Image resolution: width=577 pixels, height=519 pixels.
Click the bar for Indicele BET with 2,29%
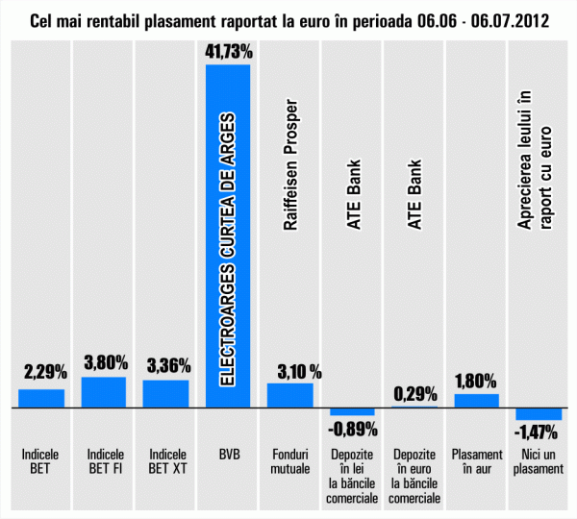41,398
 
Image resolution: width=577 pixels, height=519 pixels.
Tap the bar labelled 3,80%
104,392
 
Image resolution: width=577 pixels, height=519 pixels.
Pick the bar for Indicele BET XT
166,393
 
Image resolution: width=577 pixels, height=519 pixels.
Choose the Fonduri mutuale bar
290,395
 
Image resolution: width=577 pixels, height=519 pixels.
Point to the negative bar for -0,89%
352,411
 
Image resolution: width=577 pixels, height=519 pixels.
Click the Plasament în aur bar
477,400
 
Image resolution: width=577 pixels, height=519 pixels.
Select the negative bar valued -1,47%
539,414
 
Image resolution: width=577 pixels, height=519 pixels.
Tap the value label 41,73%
228,50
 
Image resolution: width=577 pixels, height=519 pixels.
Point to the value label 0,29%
414,393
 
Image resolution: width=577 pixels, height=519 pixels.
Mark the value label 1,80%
476,381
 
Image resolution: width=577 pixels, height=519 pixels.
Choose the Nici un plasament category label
539,462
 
